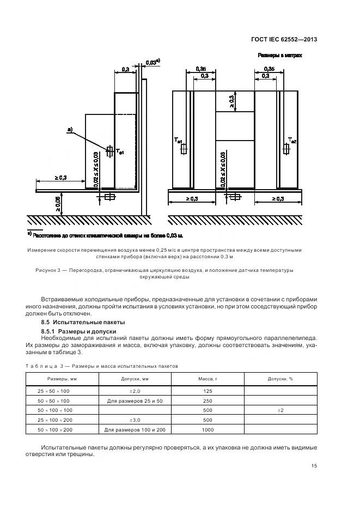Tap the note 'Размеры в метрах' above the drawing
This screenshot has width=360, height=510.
point(279,56)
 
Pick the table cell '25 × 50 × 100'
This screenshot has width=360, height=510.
point(54,391)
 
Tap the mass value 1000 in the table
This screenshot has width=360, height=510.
point(208,430)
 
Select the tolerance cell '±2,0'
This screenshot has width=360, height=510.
point(135,391)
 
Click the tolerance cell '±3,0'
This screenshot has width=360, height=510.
point(135,420)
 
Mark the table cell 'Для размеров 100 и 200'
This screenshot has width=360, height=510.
point(135,430)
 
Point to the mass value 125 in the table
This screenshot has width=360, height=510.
point(208,391)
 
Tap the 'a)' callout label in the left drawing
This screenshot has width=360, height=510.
point(70,129)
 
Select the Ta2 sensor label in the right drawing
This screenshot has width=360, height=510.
point(292,141)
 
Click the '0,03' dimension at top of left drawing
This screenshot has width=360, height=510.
point(152,63)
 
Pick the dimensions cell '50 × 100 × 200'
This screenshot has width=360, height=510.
point(54,430)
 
